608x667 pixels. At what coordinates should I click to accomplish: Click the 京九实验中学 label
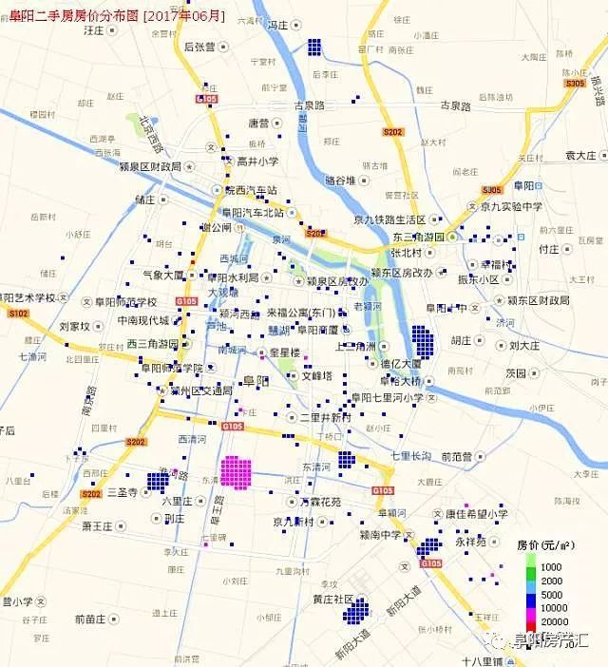pyautogui.click(x=510, y=206)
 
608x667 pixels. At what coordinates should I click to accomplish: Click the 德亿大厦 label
pyautogui.click(x=401, y=363)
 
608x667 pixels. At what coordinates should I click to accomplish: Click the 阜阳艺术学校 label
pyautogui.click(x=28, y=297)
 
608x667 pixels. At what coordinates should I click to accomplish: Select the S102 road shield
pyautogui.click(x=18, y=312)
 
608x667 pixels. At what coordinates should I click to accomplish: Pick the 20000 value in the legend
pyautogui.click(x=551, y=620)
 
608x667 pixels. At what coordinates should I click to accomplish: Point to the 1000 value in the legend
pyautogui.click(x=551, y=566)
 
